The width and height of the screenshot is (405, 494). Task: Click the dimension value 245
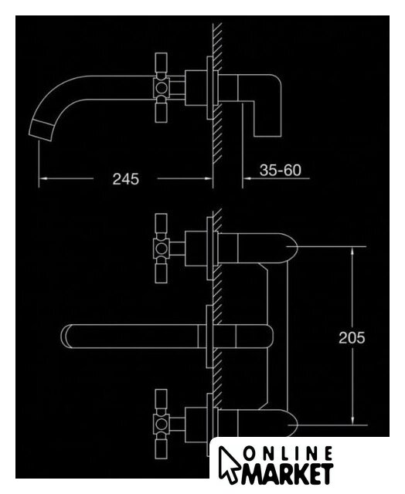pos(125,179)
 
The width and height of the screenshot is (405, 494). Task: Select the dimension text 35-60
pos(280,170)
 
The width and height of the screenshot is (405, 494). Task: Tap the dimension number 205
pos(352,338)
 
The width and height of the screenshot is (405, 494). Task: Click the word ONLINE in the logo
pos(288,455)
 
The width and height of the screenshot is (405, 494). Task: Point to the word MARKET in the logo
pos(287,473)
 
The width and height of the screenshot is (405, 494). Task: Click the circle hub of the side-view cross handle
pos(162,87)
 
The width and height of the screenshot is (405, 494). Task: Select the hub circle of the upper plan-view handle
pos(162,249)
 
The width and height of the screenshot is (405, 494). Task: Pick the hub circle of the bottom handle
pos(162,425)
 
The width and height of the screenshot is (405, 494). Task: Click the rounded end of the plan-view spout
pos(66,337)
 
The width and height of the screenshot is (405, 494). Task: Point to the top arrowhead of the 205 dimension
pos(352,250)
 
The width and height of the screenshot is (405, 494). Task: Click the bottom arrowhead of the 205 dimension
pos(352,421)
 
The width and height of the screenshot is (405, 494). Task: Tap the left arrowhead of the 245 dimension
pos(43,178)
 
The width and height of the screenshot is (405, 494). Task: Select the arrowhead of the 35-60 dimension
pos(247,178)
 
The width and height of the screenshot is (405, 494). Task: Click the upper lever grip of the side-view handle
pos(162,65)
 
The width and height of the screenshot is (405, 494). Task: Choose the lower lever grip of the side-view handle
pos(162,110)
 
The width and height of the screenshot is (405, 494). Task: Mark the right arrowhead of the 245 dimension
pos(209,178)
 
